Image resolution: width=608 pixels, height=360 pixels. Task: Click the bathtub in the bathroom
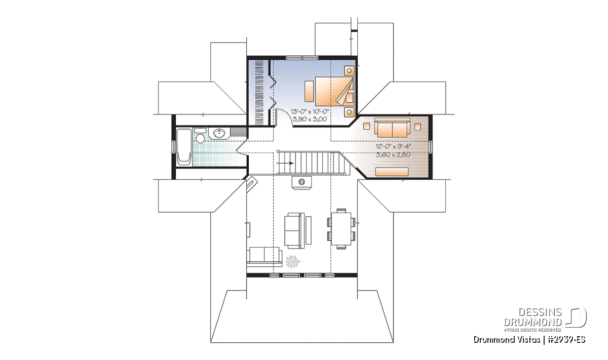(184, 147)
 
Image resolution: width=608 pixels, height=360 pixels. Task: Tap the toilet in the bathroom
(200, 135)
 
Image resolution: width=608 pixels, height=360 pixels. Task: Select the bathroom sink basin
(219, 133)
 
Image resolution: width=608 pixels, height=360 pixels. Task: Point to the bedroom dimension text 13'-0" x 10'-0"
(310, 111)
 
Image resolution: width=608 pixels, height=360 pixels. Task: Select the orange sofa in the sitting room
(392, 127)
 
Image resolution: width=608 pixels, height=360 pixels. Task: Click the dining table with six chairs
(341, 229)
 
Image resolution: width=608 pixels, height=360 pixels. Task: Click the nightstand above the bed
(349, 70)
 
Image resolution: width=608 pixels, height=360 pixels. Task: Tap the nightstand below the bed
(349, 112)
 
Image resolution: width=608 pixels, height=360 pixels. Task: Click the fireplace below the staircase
(301, 182)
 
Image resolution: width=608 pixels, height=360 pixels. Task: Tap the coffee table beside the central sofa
(309, 230)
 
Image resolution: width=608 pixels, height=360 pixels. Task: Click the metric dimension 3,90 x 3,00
(310, 119)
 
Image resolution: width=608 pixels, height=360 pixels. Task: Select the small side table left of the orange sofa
(367, 126)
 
